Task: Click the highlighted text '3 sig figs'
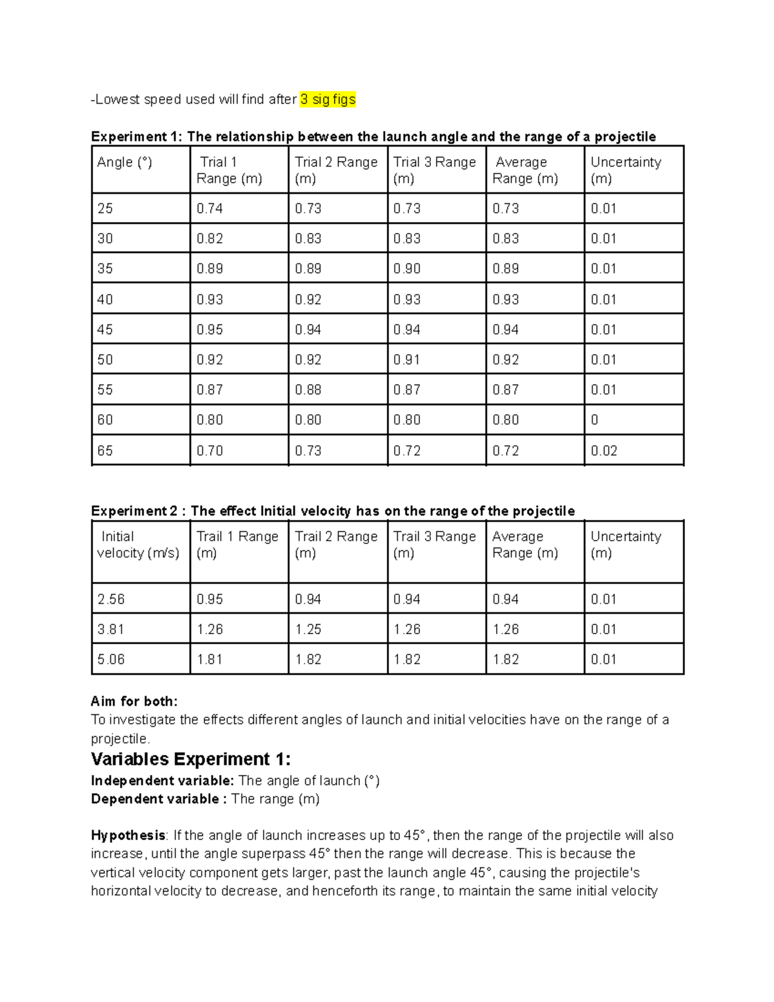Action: pos(328,99)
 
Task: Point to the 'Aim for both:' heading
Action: pos(134,701)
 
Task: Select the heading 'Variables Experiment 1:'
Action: pos(191,759)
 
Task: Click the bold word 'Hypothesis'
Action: pos(128,836)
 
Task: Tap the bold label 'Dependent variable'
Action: pos(155,799)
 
